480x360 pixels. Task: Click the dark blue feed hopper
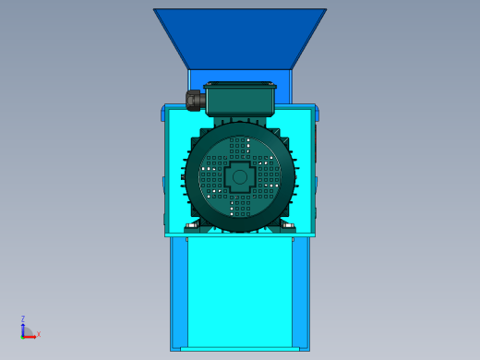coord(240,39)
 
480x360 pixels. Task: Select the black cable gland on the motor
coord(195,101)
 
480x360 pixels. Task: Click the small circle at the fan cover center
coord(240,177)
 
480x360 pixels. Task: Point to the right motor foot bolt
coord(288,226)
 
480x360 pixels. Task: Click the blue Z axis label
coord(23,318)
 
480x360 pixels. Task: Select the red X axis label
coord(39,334)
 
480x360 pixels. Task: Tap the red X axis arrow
coord(29,337)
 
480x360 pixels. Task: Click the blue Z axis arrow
coord(23,330)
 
